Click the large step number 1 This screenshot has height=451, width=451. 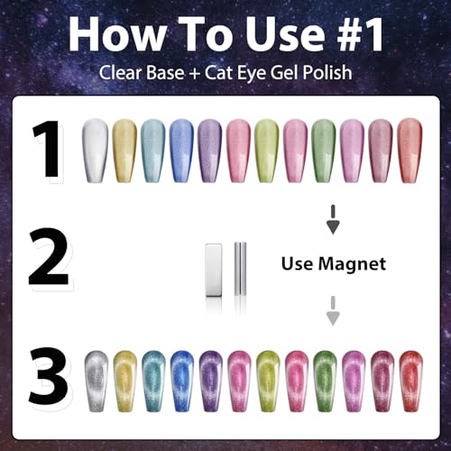coord(48,149)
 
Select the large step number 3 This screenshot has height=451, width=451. coord(48,376)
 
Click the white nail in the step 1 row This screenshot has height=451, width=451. coord(95,151)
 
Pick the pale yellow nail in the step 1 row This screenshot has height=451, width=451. coord(124,151)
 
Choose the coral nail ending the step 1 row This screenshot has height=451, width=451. coord(410,151)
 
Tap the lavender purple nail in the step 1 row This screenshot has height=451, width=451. coord(209,151)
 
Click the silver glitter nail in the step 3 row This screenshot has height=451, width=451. coord(97,382)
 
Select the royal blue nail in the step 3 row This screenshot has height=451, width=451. coord(182,382)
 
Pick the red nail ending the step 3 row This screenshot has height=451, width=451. coord(410,382)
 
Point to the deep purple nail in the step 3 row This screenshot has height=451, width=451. coord(211,382)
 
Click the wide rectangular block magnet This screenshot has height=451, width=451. coord(214,270)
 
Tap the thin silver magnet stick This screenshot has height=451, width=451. coord(240,269)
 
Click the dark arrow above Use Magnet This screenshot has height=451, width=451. coord(333,220)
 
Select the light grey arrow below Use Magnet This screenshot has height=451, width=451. coord(333,310)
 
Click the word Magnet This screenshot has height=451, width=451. coord(352,264)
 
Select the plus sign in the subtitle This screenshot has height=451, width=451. coord(195,74)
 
